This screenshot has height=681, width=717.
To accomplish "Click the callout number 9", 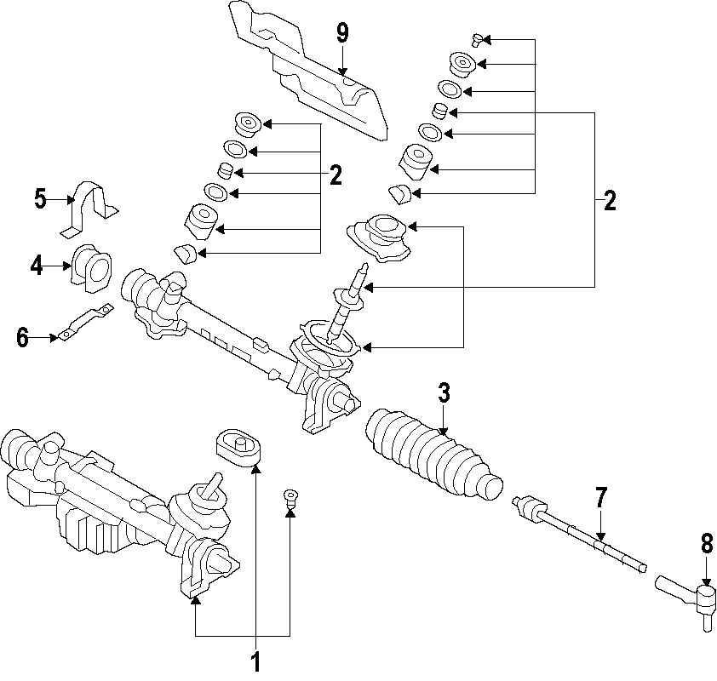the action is [x=342, y=33].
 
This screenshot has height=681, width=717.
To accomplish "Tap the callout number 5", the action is [x=40, y=199].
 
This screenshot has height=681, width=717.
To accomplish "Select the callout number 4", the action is [x=37, y=266].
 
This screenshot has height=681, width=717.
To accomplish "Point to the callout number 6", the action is [x=22, y=338].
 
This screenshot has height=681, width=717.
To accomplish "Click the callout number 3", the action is [x=444, y=393].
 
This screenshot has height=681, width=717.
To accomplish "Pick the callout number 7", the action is [x=601, y=498].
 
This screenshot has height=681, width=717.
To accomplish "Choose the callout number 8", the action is [x=707, y=544].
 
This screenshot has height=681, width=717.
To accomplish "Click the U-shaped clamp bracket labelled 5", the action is [x=89, y=208].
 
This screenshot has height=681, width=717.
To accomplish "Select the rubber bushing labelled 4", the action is [x=92, y=269].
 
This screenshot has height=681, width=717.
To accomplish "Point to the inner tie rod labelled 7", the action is [x=579, y=535].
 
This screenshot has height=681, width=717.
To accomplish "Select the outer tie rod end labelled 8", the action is [x=685, y=601].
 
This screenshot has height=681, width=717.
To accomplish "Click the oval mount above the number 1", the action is [x=238, y=448].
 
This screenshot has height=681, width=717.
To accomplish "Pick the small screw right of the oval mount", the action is [x=290, y=497].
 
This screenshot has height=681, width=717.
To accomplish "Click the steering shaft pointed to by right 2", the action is [x=349, y=301].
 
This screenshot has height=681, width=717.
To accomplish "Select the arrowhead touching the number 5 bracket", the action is [x=71, y=199].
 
